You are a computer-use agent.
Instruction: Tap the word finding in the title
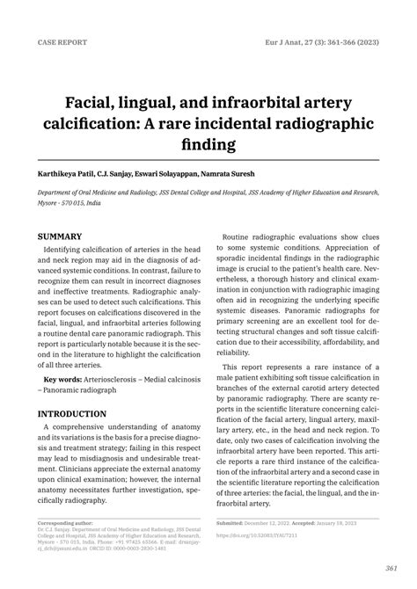point(208,141)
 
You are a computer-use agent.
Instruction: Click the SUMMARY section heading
point(60,236)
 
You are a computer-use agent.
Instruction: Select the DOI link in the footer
point(276,534)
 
